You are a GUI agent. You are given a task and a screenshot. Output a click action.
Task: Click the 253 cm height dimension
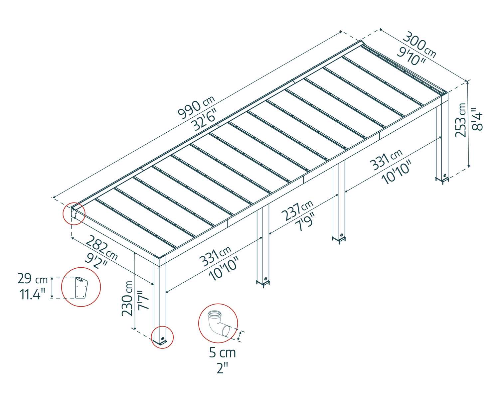[461, 120]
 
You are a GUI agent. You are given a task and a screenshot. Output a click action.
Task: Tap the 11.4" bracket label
[32, 294]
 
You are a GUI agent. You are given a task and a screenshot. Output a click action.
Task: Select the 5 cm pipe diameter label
[222, 353]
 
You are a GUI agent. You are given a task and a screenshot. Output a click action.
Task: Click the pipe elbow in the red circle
[217, 324]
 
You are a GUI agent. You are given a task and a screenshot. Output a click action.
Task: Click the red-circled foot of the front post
[162, 337]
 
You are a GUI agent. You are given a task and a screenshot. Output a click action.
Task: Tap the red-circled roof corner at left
[74, 213]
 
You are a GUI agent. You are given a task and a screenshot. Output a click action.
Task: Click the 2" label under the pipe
[222, 368]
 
